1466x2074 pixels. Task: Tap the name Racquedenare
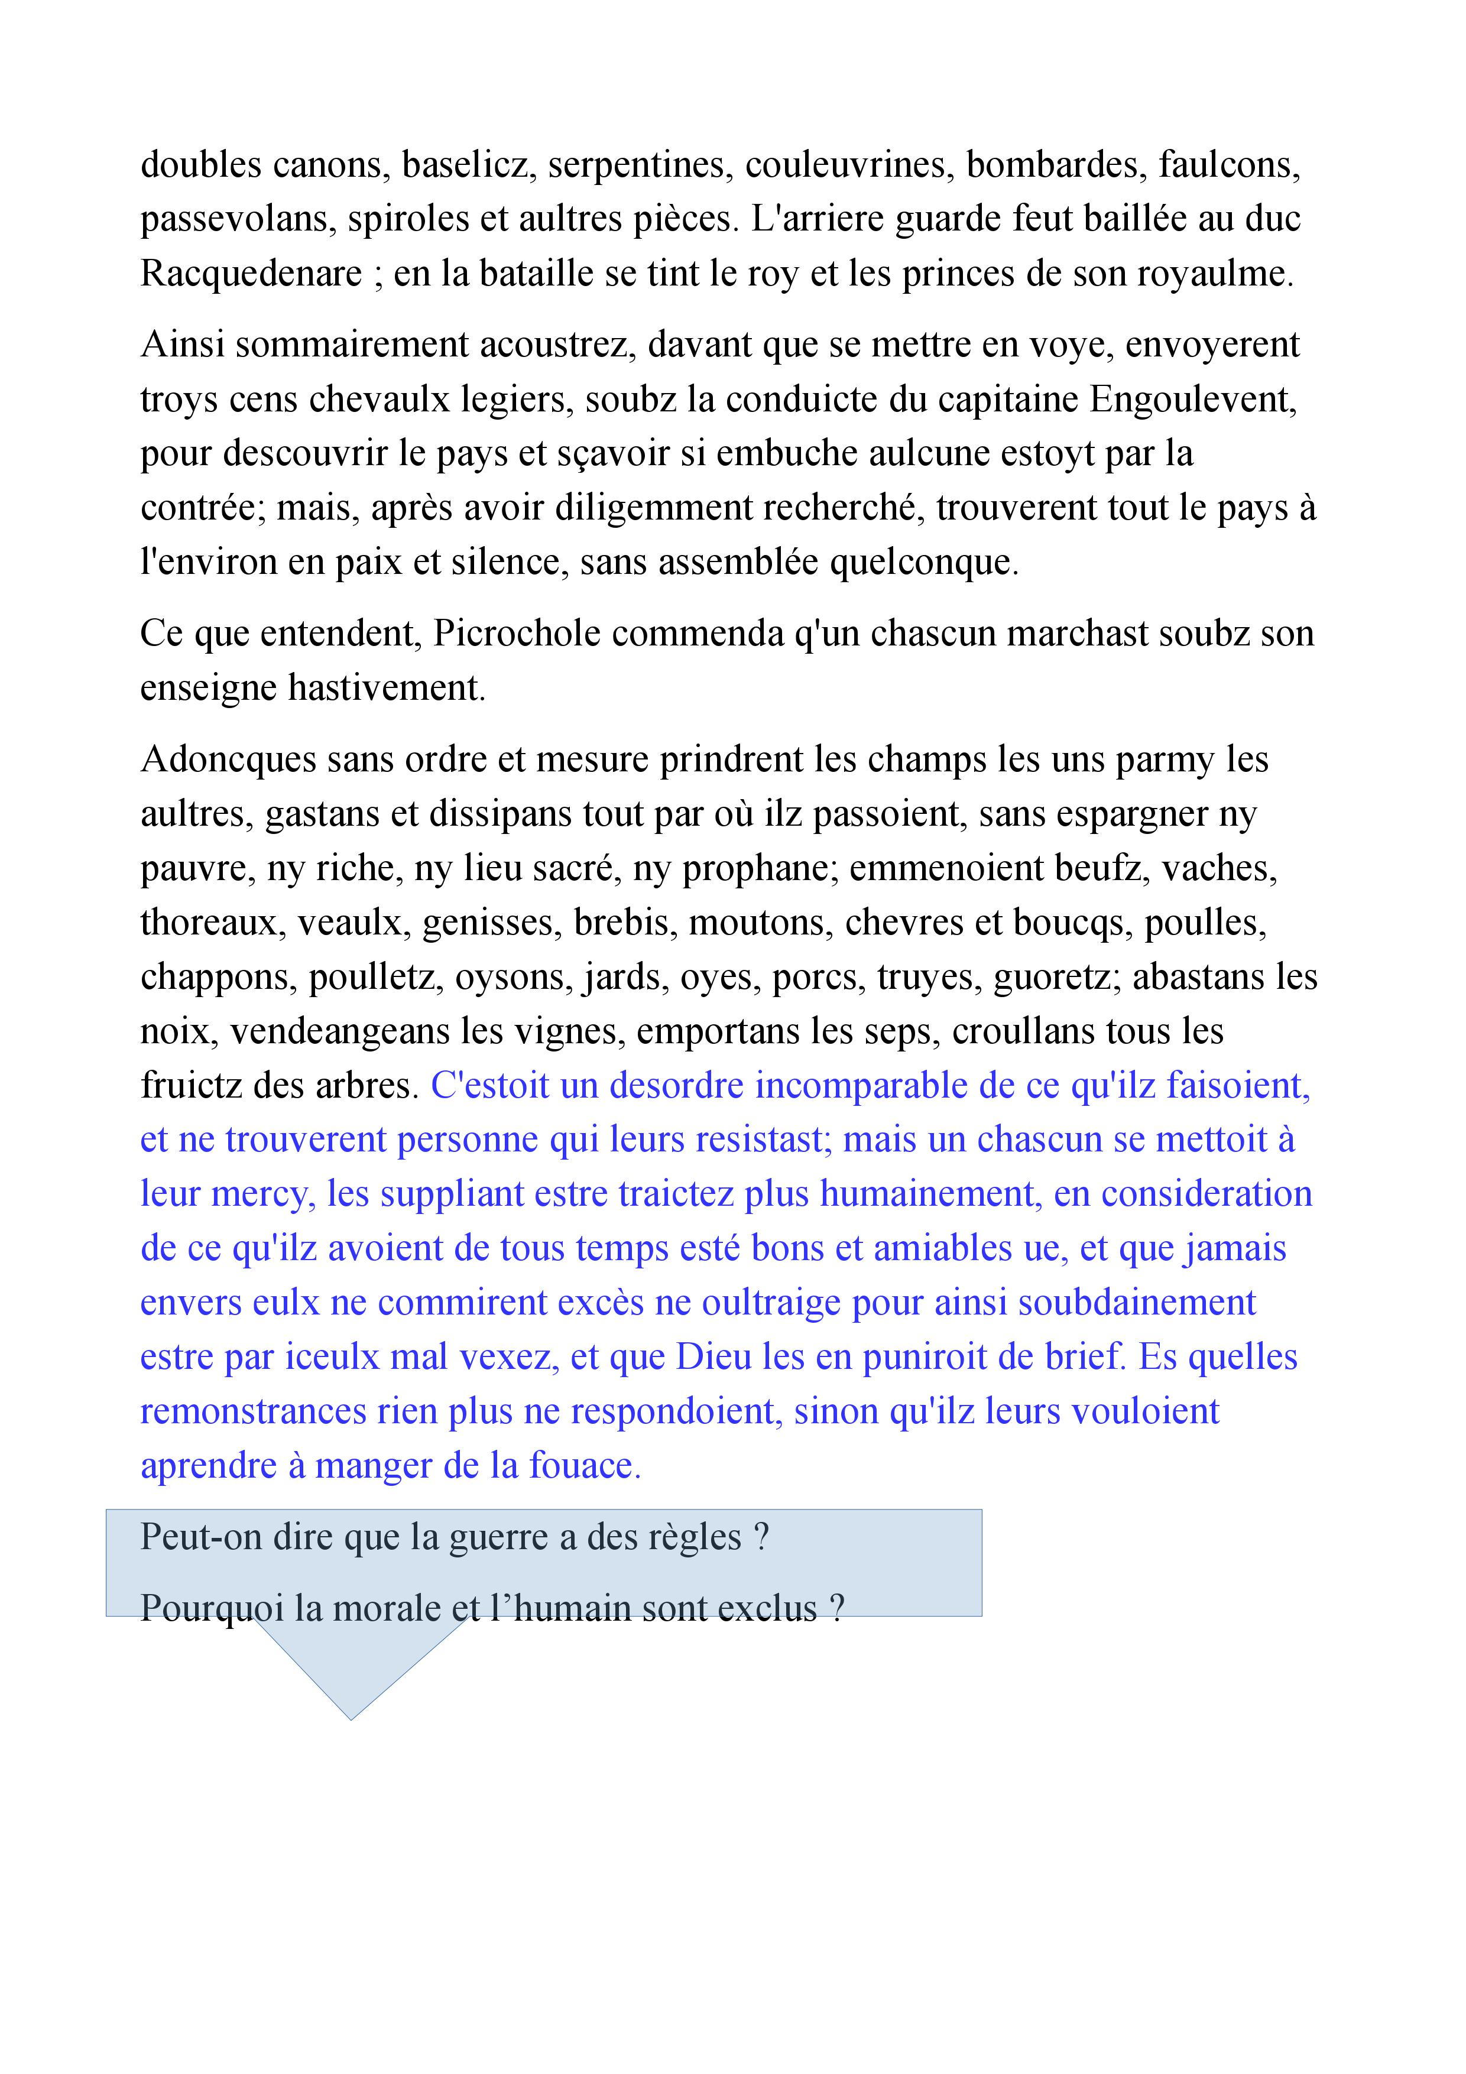(251, 274)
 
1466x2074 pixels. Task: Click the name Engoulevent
(1192, 400)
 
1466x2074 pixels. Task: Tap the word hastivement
(387, 689)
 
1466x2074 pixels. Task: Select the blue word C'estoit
(489, 1086)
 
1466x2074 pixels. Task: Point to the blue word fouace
(585, 1465)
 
